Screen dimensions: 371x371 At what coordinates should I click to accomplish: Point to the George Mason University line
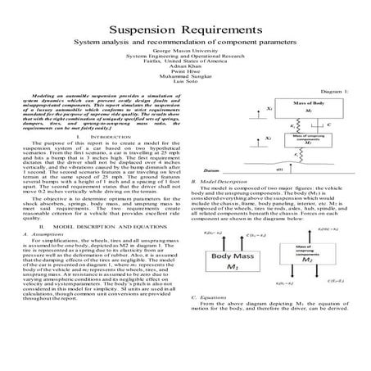184,49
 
